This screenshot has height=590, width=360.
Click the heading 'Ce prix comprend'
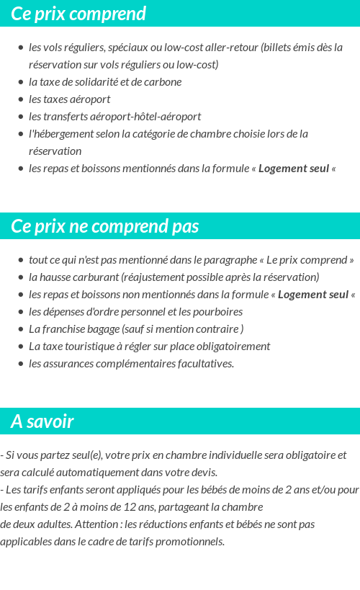click(x=78, y=14)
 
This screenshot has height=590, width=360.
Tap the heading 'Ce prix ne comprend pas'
click(x=105, y=226)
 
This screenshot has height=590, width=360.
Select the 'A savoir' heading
click(x=42, y=421)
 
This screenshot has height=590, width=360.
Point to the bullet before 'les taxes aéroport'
click(x=21, y=99)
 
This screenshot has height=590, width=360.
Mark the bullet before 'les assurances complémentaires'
click(x=21, y=363)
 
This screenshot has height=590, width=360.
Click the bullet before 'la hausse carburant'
click(x=21, y=277)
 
